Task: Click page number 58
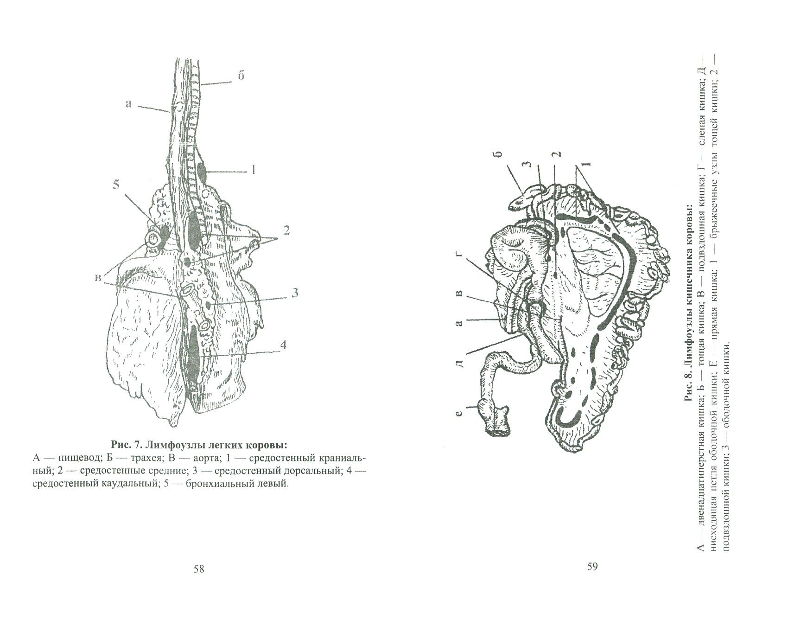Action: click(x=198, y=569)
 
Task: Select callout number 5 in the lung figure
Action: click(x=115, y=185)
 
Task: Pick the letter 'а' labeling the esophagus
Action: click(x=128, y=104)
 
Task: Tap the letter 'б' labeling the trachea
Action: click(x=241, y=76)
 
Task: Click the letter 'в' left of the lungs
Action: click(x=98, y=277)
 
